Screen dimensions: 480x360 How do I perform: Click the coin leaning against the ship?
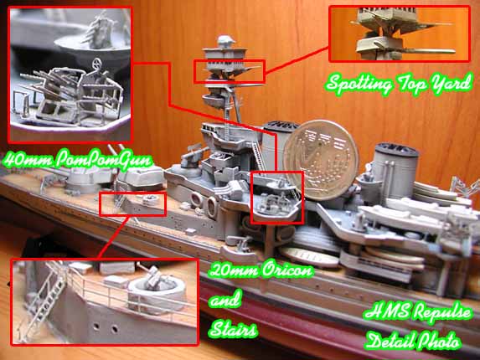click(321, 160)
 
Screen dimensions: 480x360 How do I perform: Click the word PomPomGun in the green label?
click(104, 159)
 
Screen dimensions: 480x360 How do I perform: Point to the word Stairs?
click(233, 329)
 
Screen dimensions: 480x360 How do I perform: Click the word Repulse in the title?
click(441, 312)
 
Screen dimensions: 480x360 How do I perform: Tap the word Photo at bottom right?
click(438, 341)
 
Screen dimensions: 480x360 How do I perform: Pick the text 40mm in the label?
click(28, 159)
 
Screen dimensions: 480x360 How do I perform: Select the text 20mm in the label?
click(234, 270)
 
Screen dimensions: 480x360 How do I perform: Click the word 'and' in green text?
click(225, 300)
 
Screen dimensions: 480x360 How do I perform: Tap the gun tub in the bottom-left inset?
click(157, 296)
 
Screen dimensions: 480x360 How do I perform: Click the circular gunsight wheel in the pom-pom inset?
click(97, 64)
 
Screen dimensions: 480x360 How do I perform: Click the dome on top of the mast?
click(226, 41)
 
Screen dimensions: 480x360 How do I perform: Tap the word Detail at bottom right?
click(390, 341)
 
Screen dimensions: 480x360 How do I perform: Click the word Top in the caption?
click(412, 84)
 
